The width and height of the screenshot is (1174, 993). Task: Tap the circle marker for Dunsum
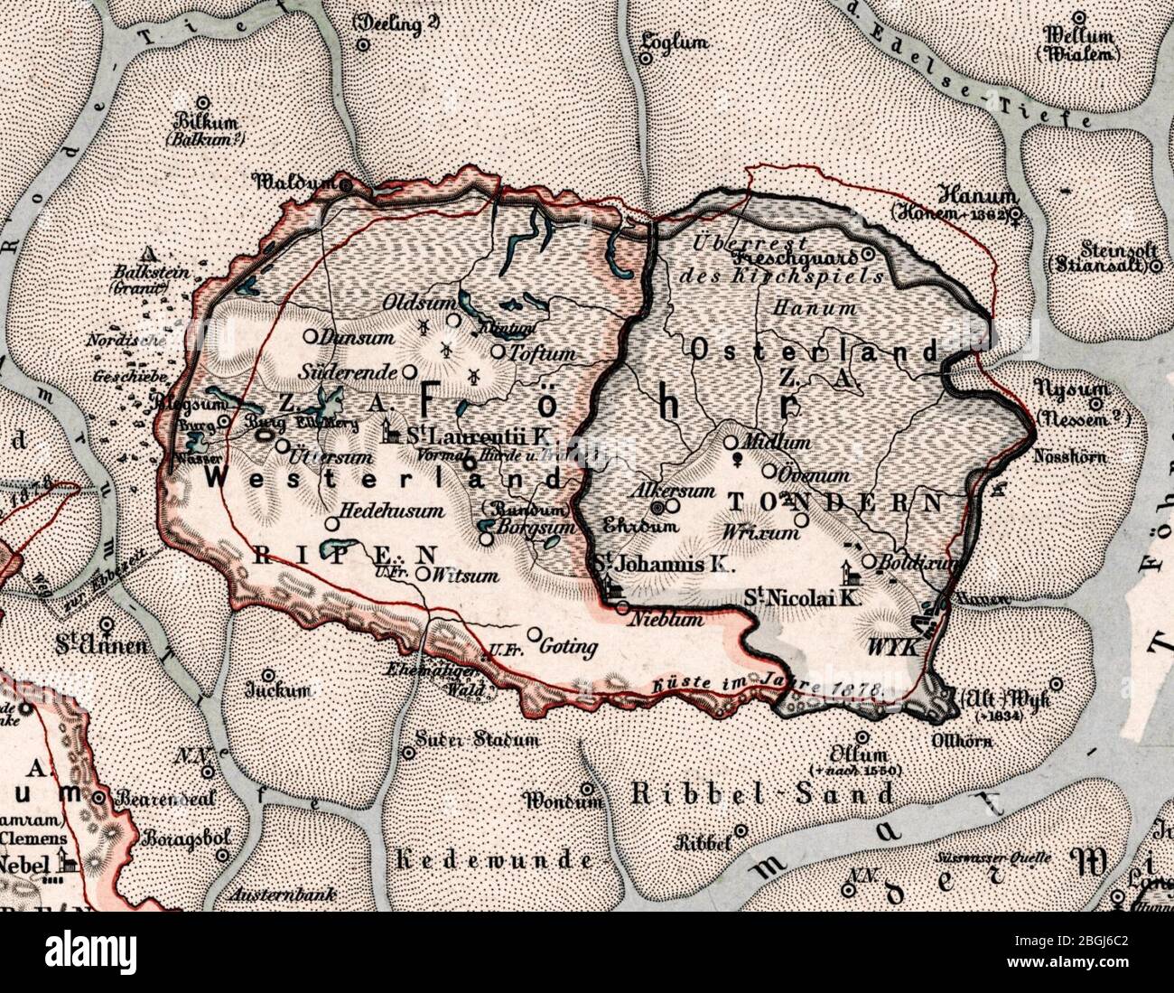[310, 336]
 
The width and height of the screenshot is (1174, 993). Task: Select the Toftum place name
[543, 354]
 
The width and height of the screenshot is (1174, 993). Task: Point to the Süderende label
[348, 371]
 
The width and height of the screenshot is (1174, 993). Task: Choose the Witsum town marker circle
[423, 573]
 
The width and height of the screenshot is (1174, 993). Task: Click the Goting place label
[568, 647]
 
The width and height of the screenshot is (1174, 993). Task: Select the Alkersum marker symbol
[658, 507]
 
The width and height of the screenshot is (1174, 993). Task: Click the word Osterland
[816, 351]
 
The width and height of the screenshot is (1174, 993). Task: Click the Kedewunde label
[495, 859]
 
